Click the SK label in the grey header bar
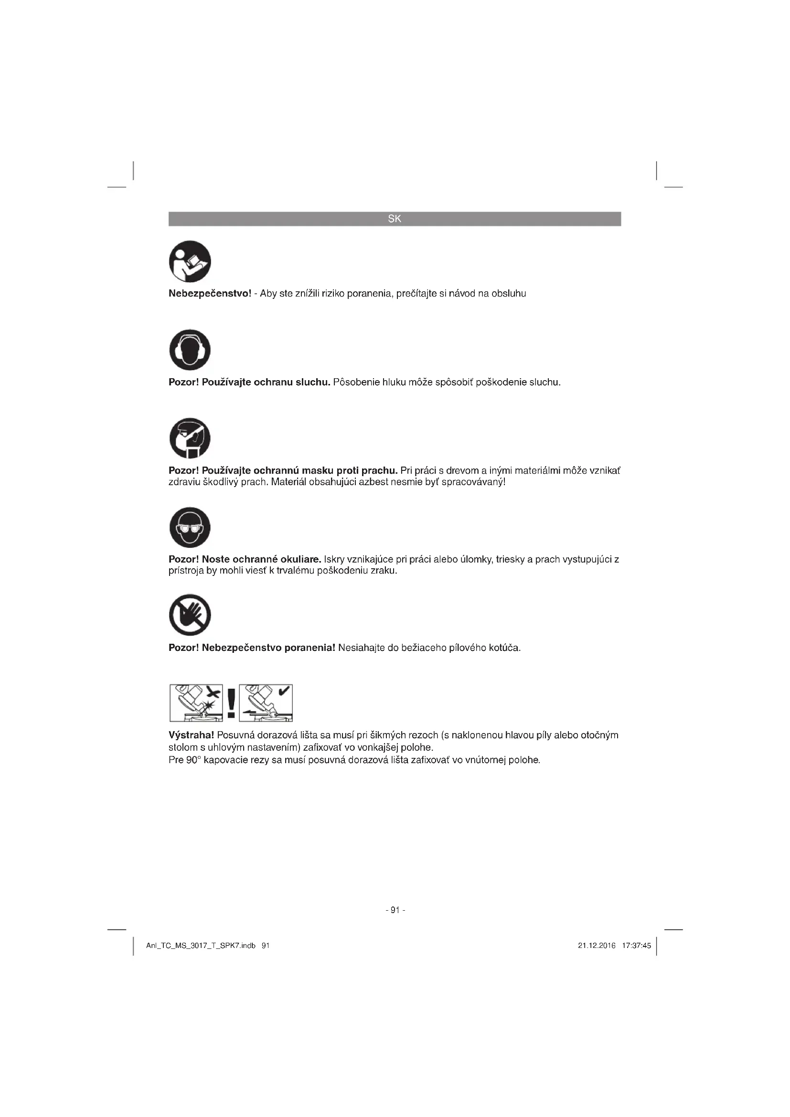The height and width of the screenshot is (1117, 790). click(x=395, y=219)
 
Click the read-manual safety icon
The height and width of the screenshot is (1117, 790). click(x=190, y=261)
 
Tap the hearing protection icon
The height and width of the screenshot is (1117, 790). click(x=190, y=350)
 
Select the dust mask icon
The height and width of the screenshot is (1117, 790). click(x=190, y=438)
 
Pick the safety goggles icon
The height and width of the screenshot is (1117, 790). click(x=190, y=527)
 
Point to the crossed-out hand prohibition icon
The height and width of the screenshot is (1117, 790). click(x=190, y=615)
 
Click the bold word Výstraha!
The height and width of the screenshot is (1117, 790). click(x=191, y=735)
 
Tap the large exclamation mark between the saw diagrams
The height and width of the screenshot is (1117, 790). click(x=231, y=703)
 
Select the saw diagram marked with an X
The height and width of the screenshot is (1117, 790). click(x=196, y=703)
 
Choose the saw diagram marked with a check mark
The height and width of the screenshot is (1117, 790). click(x=266, y=703)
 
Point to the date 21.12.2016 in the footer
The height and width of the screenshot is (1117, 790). click(x=597, y=946)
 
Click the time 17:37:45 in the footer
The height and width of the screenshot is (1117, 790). click(x=636, y=946)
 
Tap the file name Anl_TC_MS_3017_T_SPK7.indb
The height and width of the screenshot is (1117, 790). click(x=201, y=946)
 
